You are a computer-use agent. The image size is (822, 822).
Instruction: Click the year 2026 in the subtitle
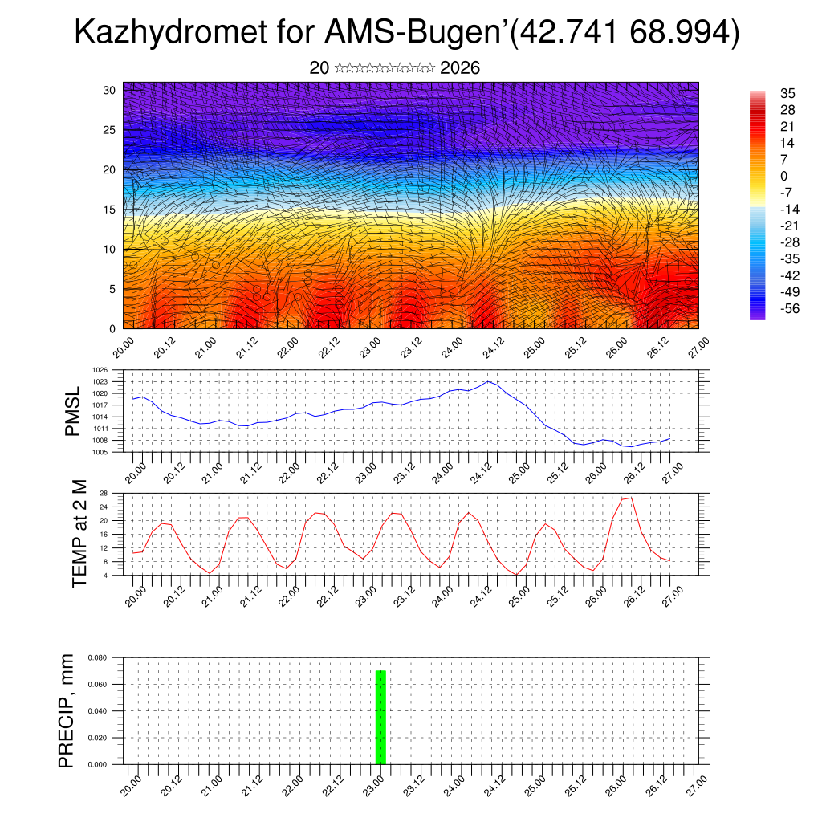[x=460, y=67]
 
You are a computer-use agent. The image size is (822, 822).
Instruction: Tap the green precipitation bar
[x=381, y=717]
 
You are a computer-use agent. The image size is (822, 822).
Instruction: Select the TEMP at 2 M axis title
[x=79, y=534]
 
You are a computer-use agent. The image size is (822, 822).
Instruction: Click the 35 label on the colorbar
[x=787, y=94]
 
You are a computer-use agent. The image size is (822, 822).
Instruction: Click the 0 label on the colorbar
[x=783, y=176]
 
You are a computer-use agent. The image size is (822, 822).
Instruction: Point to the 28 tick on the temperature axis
[x=104, y=493]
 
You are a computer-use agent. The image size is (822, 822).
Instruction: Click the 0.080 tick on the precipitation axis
[x=98, y=657]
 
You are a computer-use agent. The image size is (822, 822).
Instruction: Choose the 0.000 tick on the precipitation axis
[x=98, y=764]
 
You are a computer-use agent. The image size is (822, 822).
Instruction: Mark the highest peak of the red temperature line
[x=631, y=498]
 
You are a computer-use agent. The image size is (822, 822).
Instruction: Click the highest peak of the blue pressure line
[x=488, y=381]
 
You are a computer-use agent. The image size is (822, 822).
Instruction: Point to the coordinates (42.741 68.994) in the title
[x=624, y=33]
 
